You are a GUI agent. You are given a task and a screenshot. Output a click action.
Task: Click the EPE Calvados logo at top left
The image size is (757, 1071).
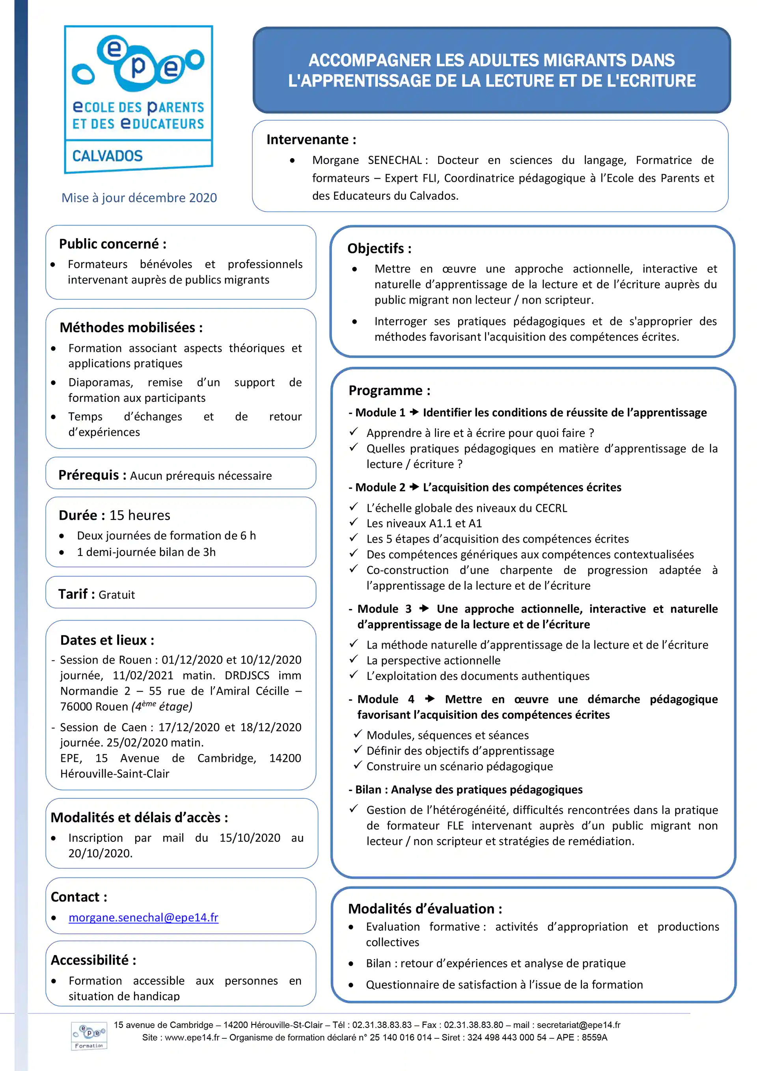[x=138, y=99]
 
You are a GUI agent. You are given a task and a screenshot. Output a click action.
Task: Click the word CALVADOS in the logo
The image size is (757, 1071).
[x=107, y=156]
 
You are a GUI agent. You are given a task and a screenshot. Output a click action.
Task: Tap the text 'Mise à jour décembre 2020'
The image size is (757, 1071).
[x=139, y=198]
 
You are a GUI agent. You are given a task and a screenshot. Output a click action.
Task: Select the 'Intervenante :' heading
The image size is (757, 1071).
[x=311, y=140]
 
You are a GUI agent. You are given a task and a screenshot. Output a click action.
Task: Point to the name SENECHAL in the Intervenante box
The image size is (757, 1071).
[x=395, y=160]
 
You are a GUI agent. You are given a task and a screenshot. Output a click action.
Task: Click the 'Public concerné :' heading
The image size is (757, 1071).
[x=112, y=244]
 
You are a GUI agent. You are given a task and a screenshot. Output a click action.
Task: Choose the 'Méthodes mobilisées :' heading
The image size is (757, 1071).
[x=131, y=327]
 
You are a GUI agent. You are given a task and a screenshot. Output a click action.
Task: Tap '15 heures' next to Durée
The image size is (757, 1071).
[x=140, y=515]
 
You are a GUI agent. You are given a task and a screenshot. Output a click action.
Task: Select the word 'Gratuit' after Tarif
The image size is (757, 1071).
[x=117, y=595]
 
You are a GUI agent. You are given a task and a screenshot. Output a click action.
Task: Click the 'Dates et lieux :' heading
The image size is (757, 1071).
[x=107, y=640]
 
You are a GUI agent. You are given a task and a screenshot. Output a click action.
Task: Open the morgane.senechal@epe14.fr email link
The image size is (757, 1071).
[x=143, y=917]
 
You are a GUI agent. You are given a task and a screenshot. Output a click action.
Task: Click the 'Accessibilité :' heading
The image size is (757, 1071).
[x=93, y=960]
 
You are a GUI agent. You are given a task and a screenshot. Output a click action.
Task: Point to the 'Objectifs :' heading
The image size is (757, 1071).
[x=379, y=248]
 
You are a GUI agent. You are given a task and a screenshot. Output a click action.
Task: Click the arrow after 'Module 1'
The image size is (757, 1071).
[x=414, y=412]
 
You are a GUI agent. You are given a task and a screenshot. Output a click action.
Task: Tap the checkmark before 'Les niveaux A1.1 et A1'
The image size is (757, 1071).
[x=354, y=522]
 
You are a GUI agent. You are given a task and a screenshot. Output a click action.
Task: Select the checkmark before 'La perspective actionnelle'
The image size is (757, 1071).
[x=354, y=660]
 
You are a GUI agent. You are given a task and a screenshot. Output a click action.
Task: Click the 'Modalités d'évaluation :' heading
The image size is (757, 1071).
[x=425, y=909]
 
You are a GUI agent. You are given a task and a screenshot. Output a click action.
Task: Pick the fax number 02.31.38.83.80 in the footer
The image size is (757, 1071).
[x=473, y=1025]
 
